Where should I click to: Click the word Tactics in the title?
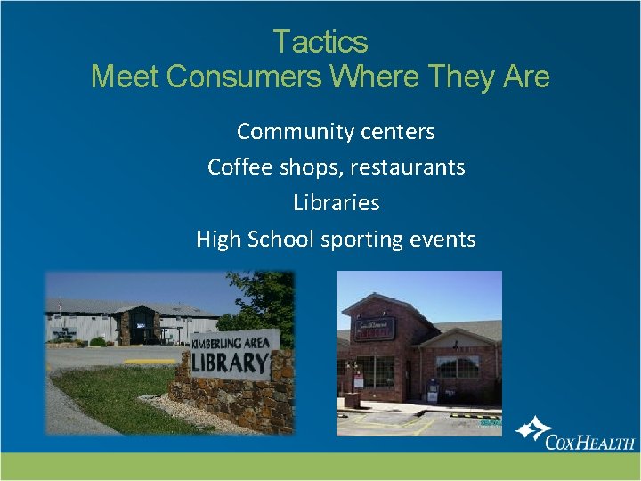coord(320,42)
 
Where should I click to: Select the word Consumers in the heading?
coord(243,77)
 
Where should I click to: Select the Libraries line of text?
coord(337,203)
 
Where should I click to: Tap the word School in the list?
coord(279,239)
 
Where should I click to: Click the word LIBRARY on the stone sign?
coord(230,363)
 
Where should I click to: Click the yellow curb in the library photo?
coord(150,362)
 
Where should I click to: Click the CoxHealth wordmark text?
coord(589,442)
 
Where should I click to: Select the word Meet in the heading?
coord(125,77)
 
